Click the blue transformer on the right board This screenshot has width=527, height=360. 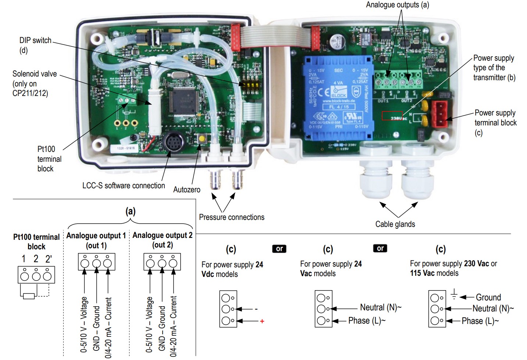point(338,97)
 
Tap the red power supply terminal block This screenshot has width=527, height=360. point(440,114)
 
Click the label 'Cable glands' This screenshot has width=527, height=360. point(395,224)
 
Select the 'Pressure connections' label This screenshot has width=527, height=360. point(232,217)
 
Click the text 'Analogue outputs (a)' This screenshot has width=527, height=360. point(397,5)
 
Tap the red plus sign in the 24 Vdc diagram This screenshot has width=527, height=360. point(262,321)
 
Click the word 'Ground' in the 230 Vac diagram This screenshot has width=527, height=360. point(488,297)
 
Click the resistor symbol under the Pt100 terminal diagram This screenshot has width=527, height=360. point(29,296)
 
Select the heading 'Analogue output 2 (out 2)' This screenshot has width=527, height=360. point(162,240)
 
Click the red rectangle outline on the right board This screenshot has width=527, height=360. point(392,115)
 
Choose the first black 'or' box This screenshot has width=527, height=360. point(279,249)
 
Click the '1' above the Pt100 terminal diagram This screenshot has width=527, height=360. point(24,259)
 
